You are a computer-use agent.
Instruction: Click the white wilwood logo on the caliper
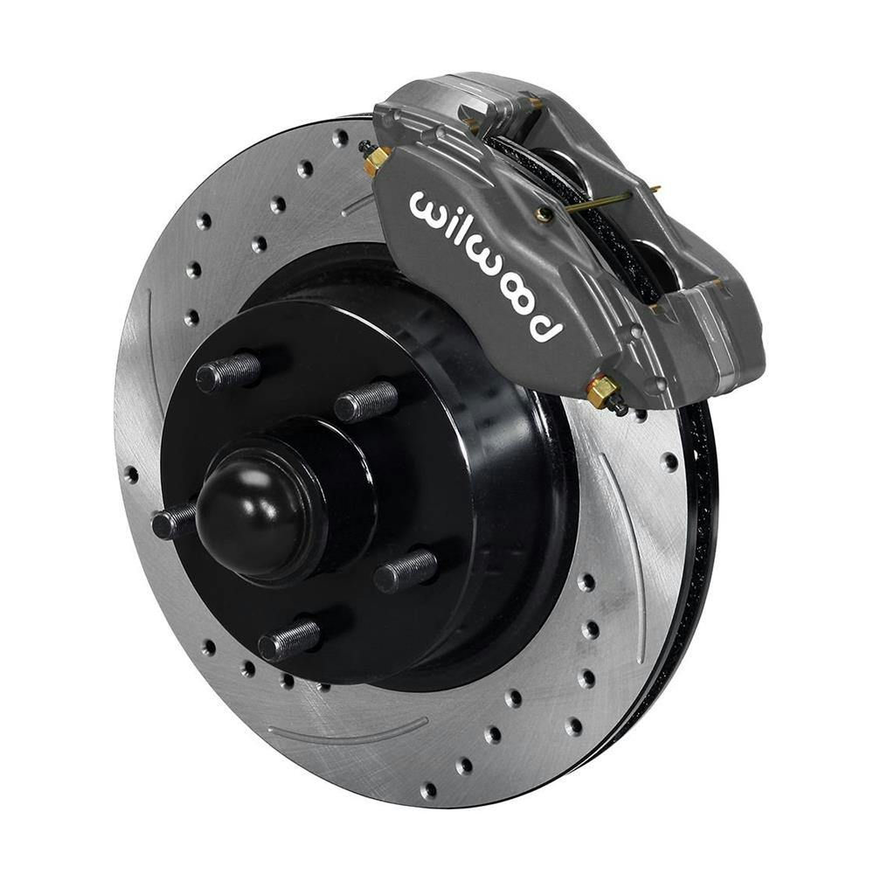485,262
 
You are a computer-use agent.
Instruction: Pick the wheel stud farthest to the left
173,523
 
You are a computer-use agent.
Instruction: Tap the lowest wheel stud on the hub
289,642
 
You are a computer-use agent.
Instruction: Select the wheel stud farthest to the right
406,570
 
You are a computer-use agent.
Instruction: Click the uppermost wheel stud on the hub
229,372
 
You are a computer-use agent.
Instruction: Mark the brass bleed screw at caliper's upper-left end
377,159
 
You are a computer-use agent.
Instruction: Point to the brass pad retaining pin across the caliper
603,200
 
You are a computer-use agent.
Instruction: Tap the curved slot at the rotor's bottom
350,727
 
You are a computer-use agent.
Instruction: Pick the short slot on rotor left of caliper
358,206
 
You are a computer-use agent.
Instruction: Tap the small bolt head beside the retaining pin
544,213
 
